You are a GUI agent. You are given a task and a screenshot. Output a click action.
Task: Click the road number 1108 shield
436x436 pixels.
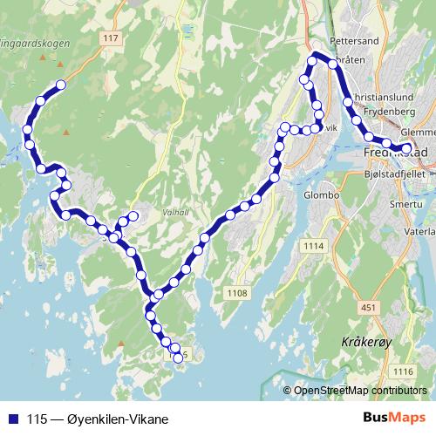[x=235, y=293]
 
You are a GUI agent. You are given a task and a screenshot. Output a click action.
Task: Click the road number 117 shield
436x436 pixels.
[x=111, y=37]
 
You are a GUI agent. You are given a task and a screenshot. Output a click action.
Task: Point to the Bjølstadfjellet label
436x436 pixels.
[x=397, y=174]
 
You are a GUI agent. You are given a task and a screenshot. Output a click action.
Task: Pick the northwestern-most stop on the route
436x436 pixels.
[x=61, y=85]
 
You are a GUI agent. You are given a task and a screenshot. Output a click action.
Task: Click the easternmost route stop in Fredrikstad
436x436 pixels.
[x=405, y=148]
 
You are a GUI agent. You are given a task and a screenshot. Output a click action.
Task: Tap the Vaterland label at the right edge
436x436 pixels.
[x=421, y=232]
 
